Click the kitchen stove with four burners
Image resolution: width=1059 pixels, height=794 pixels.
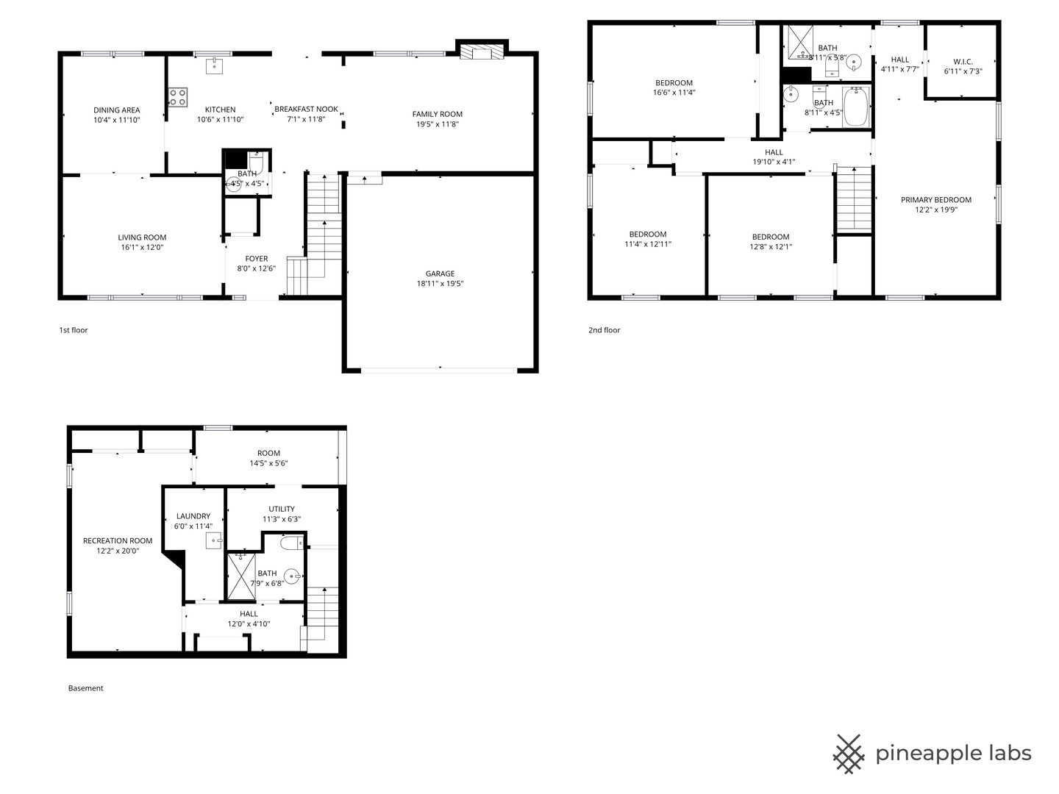[x=177, y=97]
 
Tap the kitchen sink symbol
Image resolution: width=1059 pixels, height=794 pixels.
[x=214, y=66]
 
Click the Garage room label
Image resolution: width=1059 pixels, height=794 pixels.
[x=440, y=273]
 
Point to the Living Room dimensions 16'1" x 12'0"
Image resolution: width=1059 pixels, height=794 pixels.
[x=143, y=247]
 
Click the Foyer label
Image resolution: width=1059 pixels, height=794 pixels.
[x=256, y=258]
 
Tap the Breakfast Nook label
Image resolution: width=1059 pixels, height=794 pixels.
[x=307, y=109]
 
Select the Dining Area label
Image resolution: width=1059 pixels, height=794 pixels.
[x=117, y=110]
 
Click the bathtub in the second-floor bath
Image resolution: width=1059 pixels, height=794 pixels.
[x=856, y=107]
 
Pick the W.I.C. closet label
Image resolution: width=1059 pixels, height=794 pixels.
[x=963, y=61]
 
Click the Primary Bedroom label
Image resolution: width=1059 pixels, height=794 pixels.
[x=936, y=199]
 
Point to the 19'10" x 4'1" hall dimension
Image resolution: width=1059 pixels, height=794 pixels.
[x=774, y=162]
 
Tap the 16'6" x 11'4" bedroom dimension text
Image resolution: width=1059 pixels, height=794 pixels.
[x=674, y=93]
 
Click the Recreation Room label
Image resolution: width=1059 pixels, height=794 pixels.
[x=118, y=540]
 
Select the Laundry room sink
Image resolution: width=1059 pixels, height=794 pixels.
[x=214, y=541]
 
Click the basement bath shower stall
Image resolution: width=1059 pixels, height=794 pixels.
[x=241, y=576]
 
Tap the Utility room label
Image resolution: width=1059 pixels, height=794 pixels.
[x=282, y=509]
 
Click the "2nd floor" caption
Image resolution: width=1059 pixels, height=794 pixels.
[x=604, y=330]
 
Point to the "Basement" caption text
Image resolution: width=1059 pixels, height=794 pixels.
[x=86, y=688]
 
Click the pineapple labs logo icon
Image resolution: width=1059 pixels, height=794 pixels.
[x=849, y=754]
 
